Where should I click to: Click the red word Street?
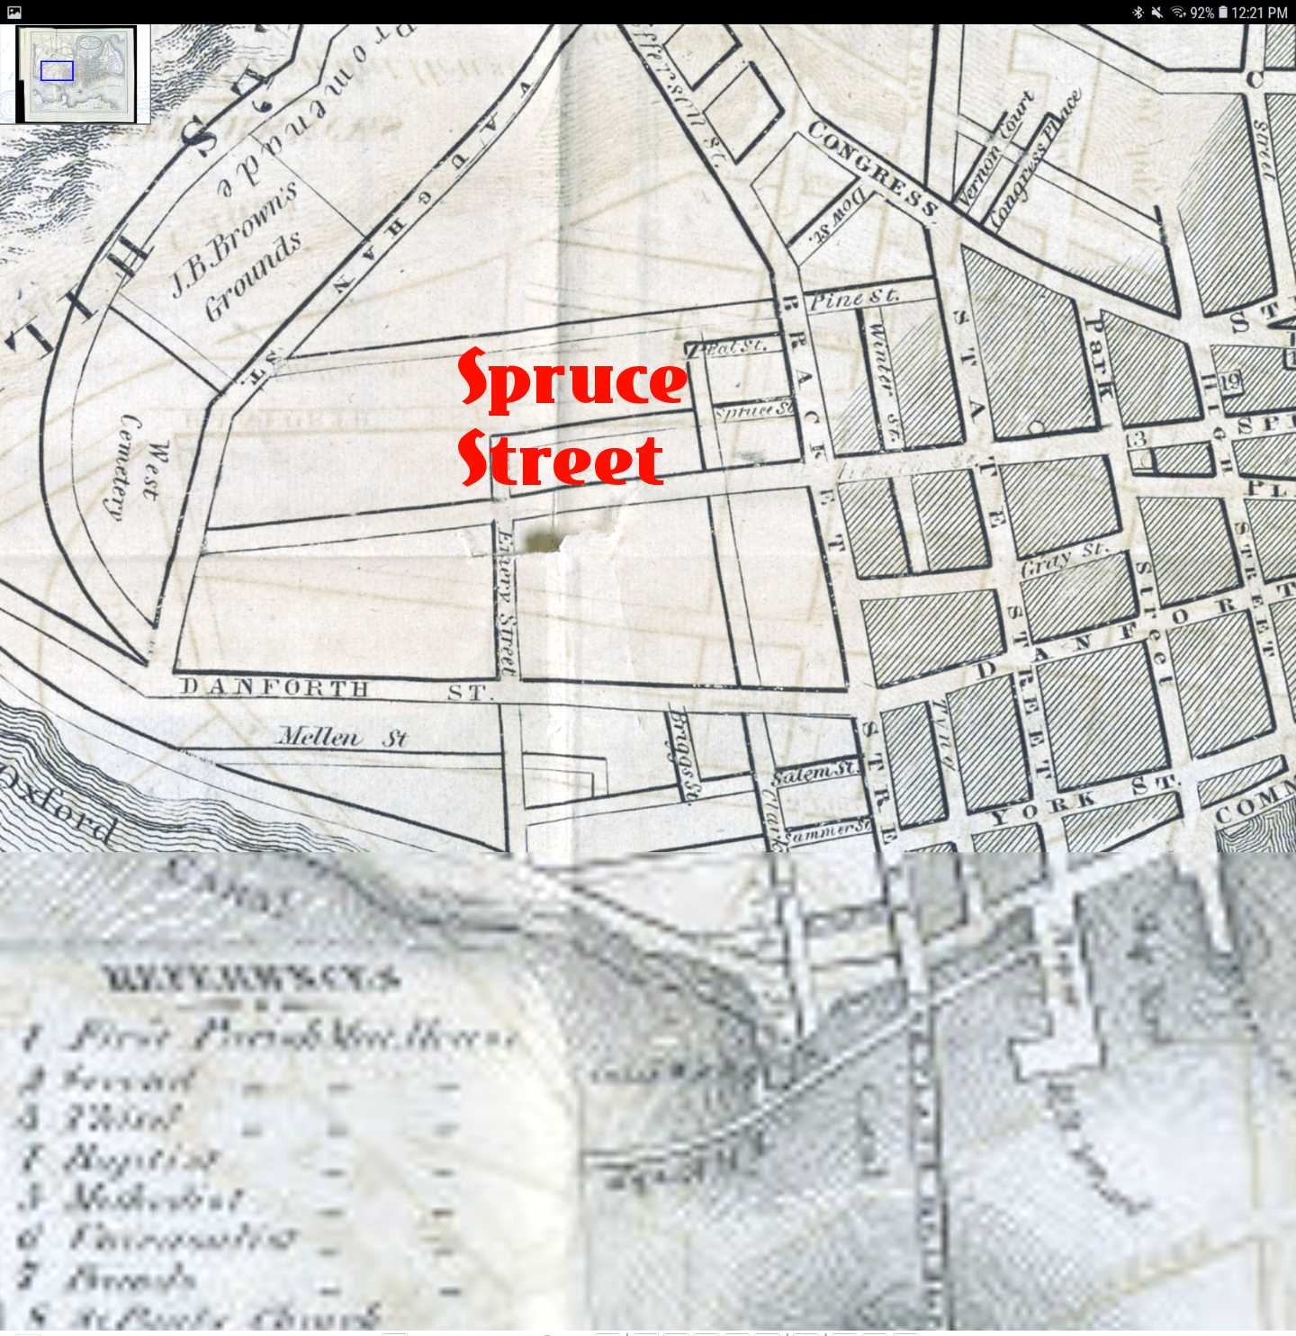click(x=561, y=458)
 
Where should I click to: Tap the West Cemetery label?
click(x=139, y=466)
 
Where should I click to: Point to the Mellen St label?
click(x=342, y=738)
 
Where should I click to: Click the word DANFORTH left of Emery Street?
click(x=275, y=688)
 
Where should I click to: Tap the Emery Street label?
click(x=507, y=601)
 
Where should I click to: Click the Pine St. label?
click(x=853, y=298)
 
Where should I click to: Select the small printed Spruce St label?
click(x=754, y=410)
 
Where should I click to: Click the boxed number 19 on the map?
click(x=1230, y=381)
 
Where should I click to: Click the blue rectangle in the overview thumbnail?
click(x=57, y=71)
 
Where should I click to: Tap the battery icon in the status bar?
click(x=1222, y=13)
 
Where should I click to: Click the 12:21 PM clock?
click(x=1260, y=13)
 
